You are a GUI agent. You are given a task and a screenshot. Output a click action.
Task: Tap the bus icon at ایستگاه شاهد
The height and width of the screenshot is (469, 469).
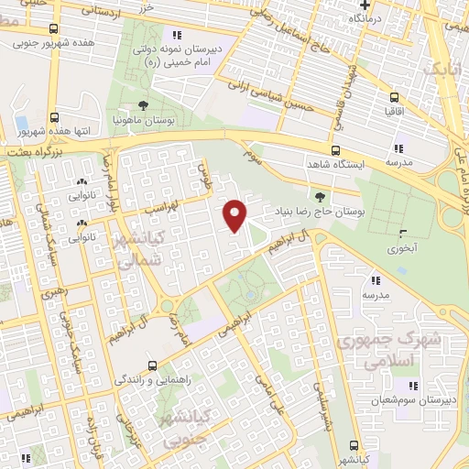point(334,151)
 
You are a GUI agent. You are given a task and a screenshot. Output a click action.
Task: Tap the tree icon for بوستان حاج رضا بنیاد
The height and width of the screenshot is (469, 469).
point(319,196)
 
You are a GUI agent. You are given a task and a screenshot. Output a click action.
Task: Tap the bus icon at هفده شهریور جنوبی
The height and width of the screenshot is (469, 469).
point(55,30)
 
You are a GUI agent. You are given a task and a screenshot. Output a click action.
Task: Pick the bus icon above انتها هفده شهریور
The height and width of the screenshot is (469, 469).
point(55,117)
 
